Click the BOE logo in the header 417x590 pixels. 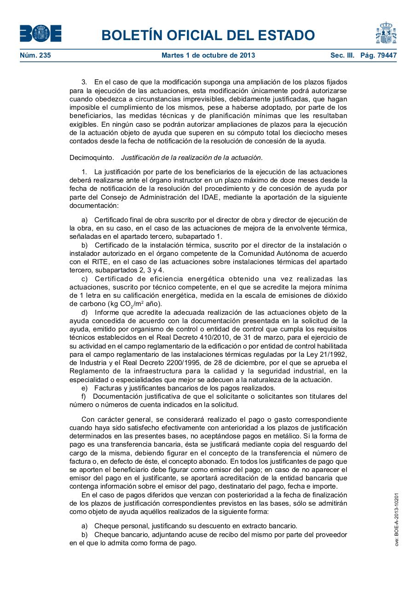41,34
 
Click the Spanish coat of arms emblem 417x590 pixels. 386,33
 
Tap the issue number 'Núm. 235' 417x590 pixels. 35,55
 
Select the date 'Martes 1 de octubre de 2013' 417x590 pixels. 208,55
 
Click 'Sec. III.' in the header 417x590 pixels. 342,55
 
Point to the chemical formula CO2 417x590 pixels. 127,304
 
